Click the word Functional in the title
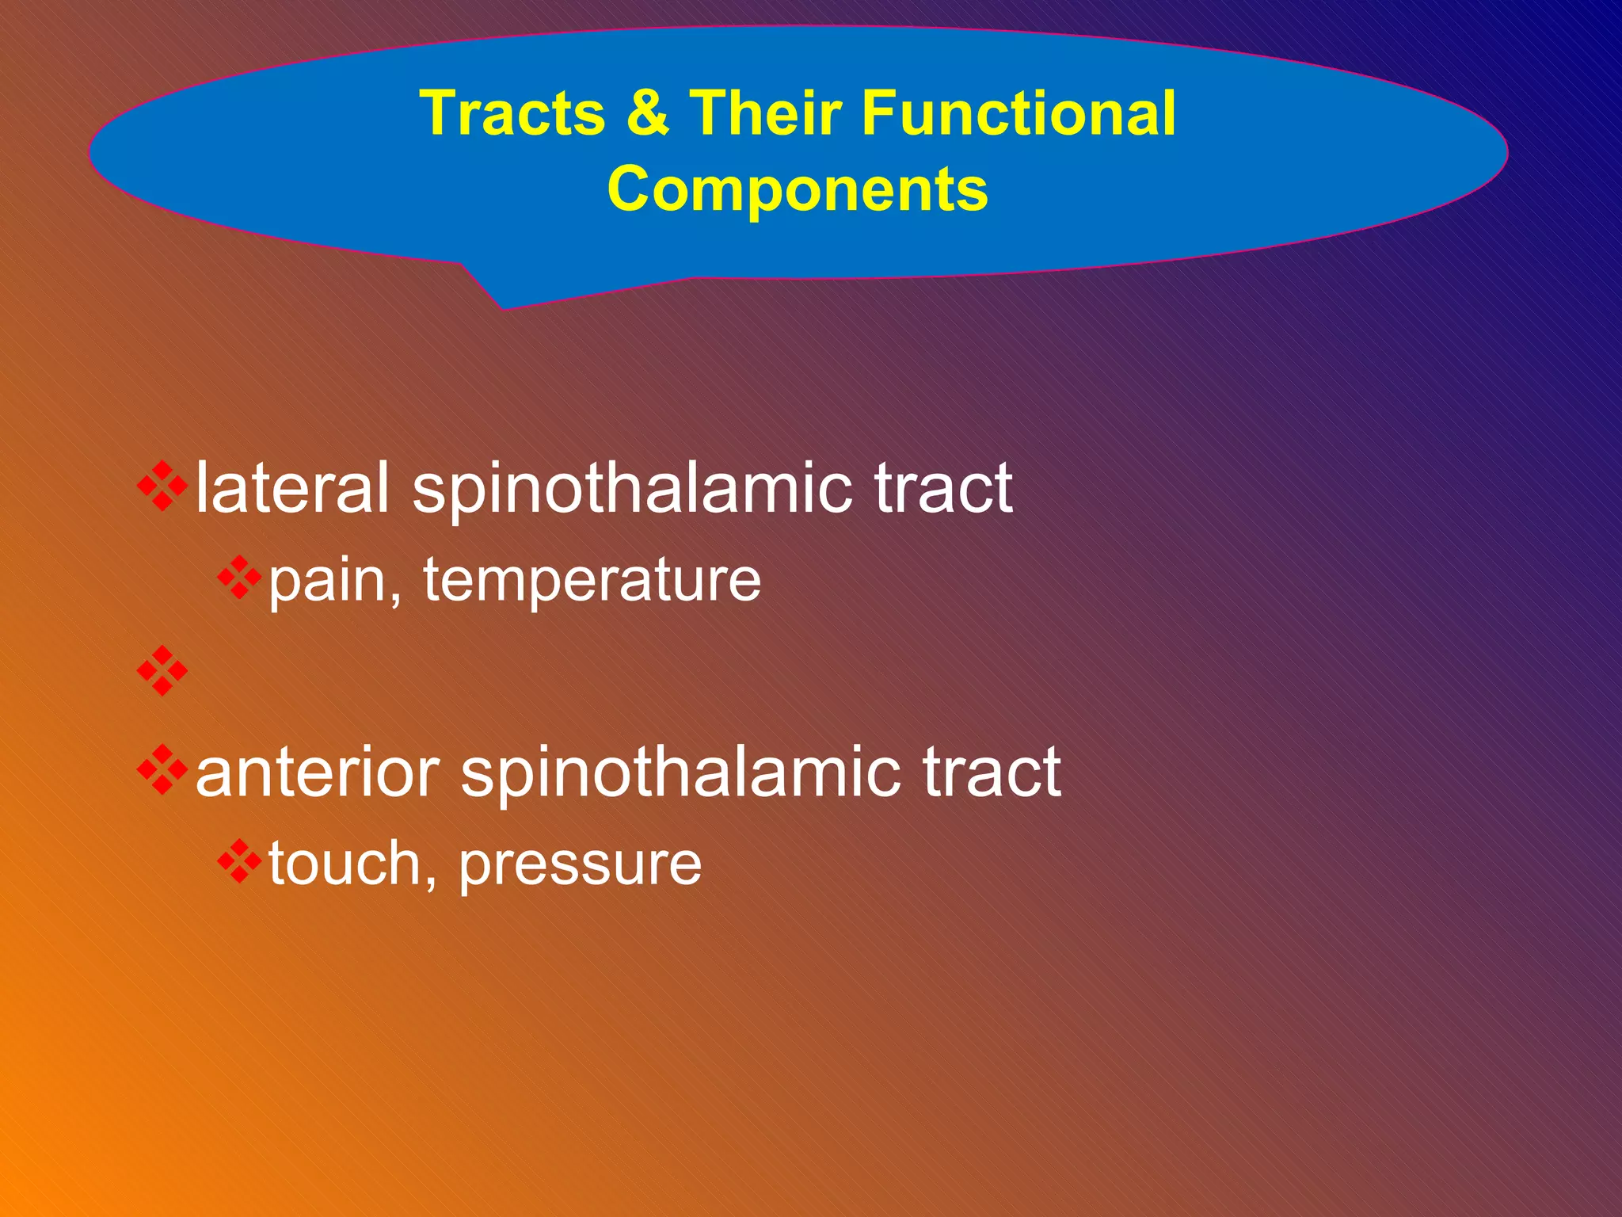[x=1019, y=113]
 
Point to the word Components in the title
[x=798, y=190]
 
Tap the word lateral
[x=292, y=487]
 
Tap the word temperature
[x=592, y=581]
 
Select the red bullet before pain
[x=239, y=578]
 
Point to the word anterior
[x=318, y=773]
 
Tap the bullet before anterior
[x=162, y=769]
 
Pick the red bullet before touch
[x=239, y=861]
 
